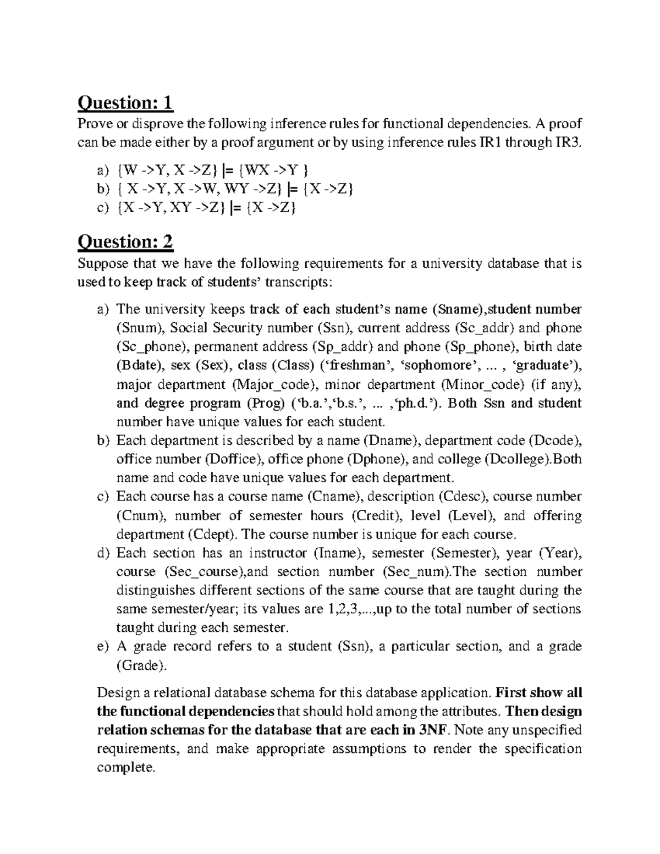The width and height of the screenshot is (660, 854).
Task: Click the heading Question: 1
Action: coord(125,102)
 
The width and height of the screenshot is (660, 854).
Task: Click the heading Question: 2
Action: coord(125,241)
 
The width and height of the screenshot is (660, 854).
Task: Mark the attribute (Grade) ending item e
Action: coord(141,665)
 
